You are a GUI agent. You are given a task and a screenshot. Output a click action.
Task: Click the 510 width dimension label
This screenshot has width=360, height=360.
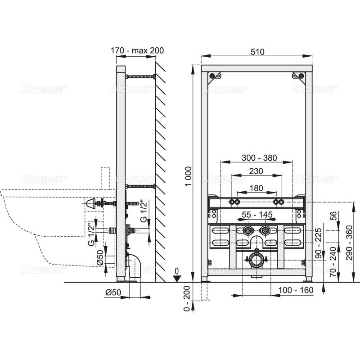tap(257, 51)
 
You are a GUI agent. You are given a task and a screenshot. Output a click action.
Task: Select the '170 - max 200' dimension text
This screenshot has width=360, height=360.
tap(137, 51)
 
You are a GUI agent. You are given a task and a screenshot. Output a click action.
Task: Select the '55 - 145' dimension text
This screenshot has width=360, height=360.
tap(256, 215)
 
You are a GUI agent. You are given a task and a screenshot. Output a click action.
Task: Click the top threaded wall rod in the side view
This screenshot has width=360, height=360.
tap(141, 76)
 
